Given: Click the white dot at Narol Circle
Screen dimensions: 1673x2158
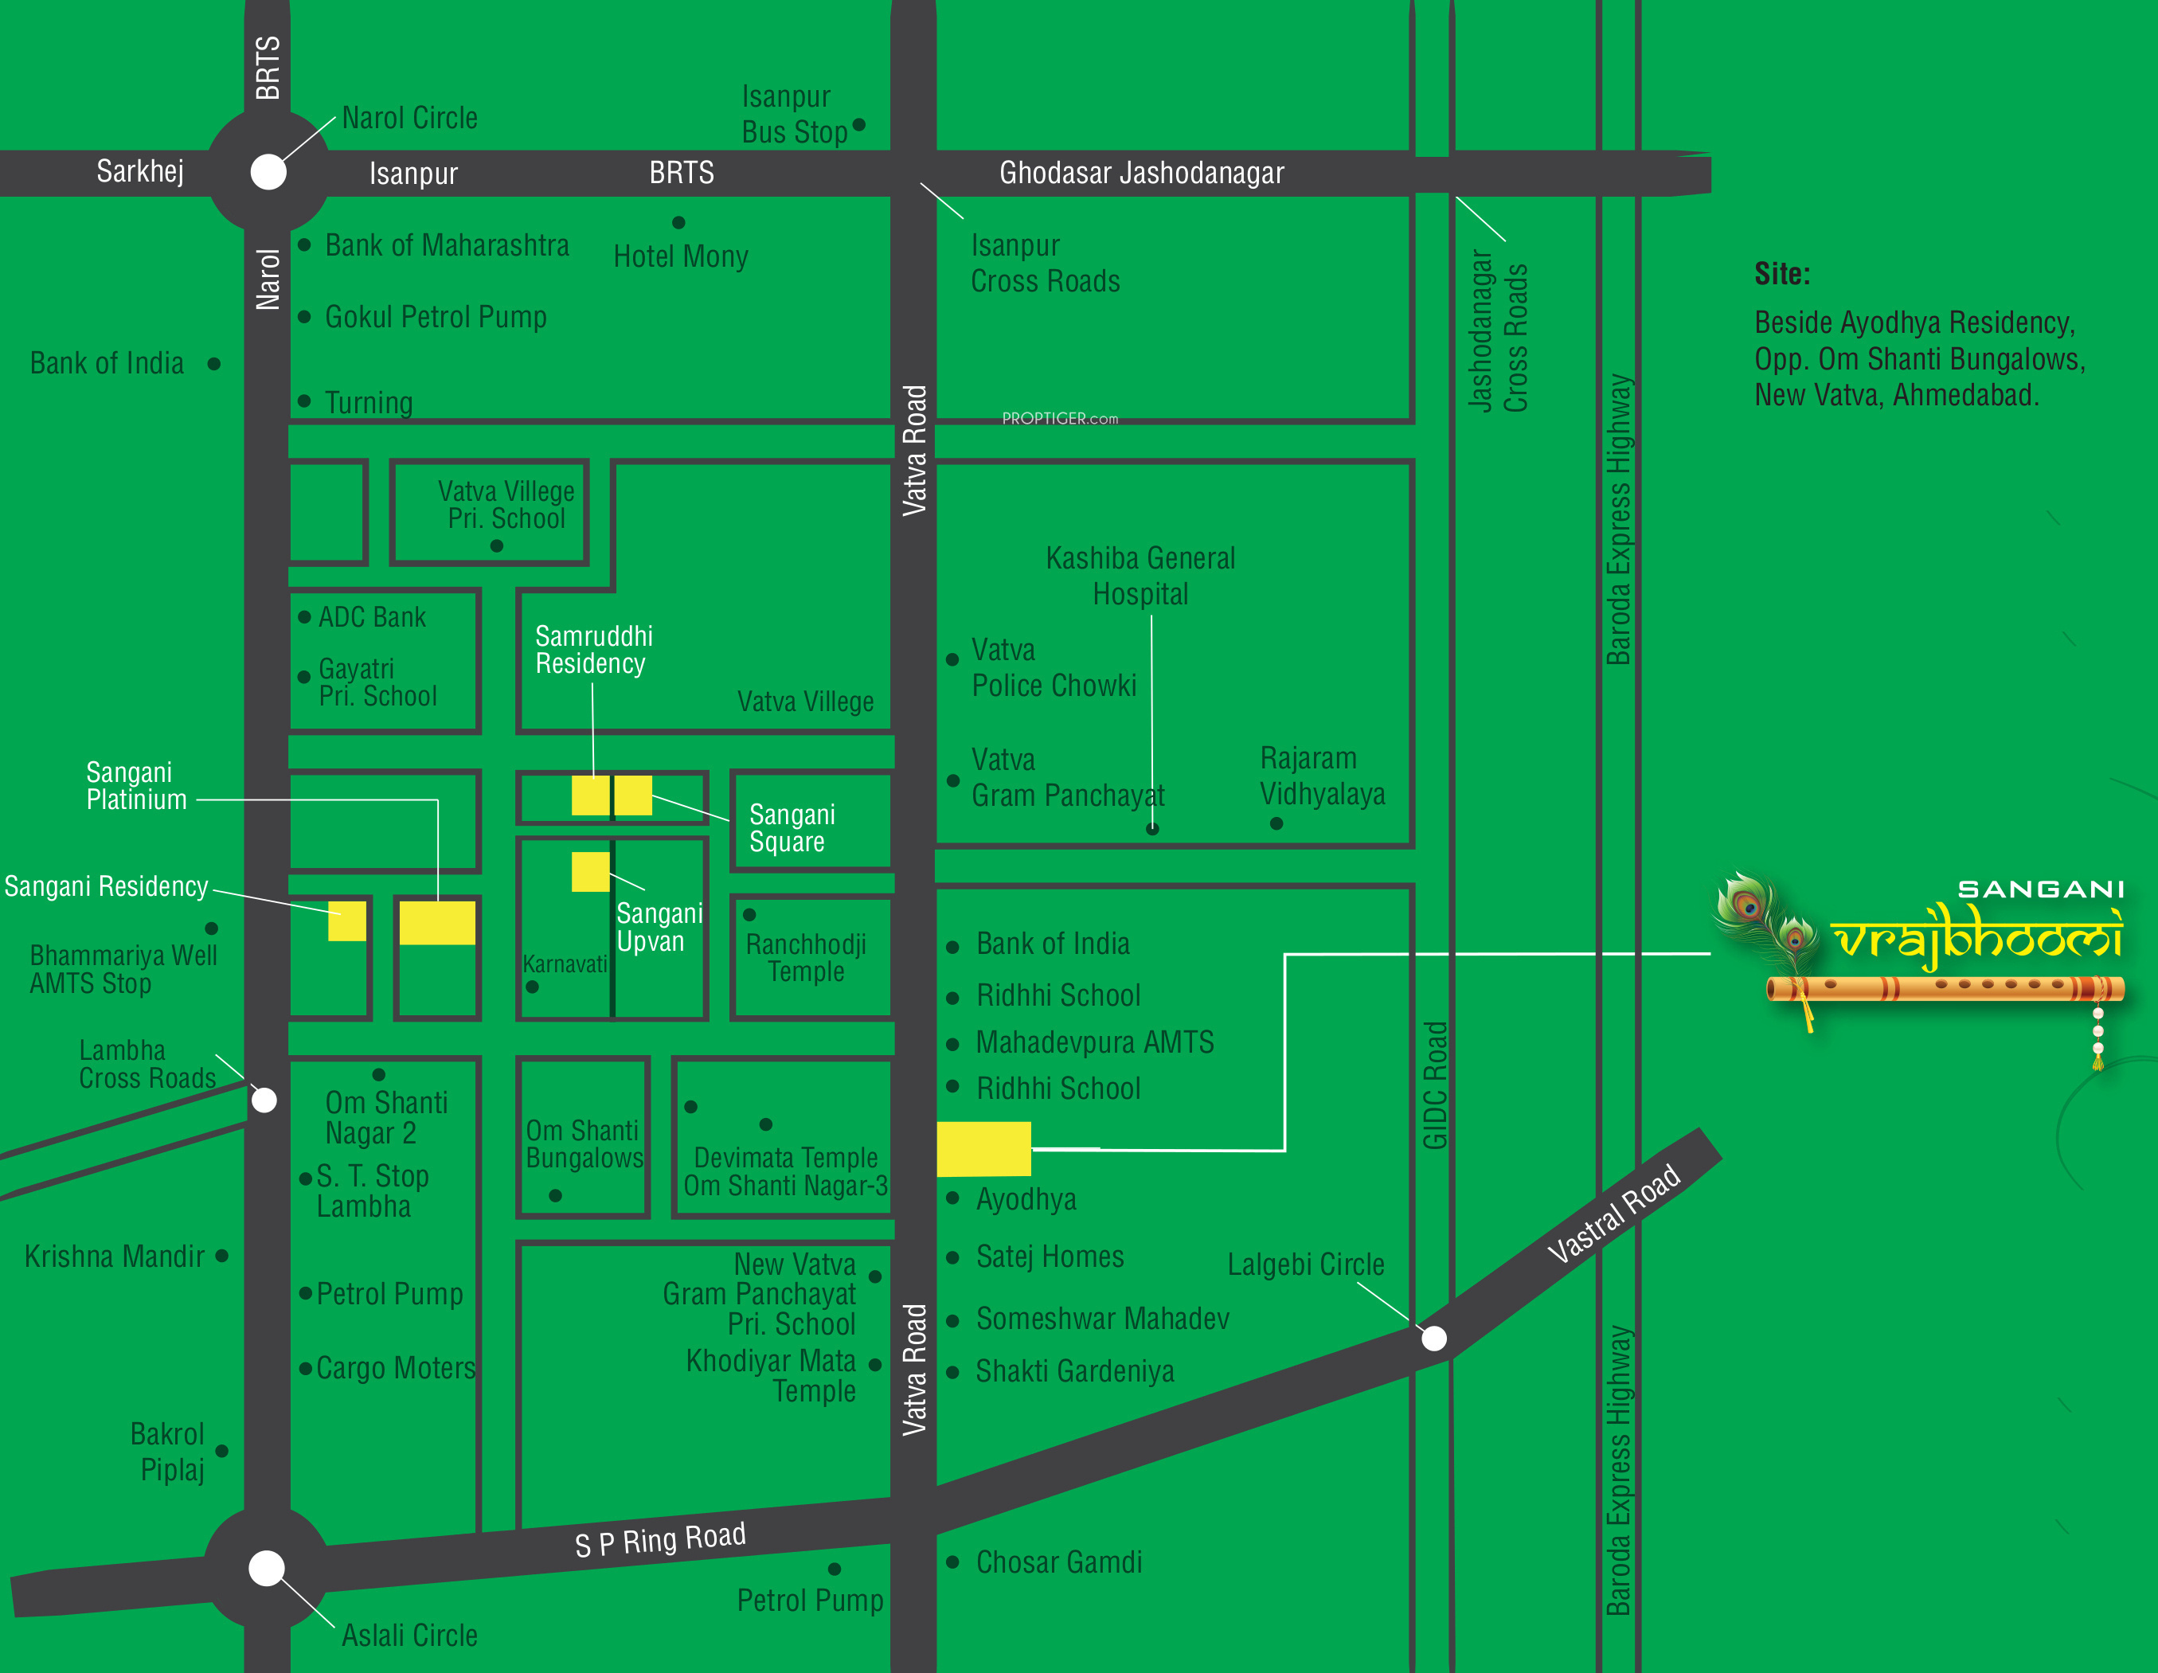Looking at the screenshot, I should click(268, 172).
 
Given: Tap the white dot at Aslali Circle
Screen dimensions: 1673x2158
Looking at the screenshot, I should click(266, 1568).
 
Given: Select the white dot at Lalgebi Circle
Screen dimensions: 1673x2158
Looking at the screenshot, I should click(1433, 1338).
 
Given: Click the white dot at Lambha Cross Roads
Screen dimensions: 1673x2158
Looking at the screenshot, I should click(264, 1100).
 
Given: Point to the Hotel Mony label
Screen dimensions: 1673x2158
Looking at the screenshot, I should click(681, 257).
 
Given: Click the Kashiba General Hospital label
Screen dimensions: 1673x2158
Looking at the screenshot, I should click(1140, 576).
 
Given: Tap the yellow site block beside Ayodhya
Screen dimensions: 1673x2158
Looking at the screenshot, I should click(983, 1149).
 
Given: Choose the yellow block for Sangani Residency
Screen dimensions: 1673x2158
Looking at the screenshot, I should click(347, 921).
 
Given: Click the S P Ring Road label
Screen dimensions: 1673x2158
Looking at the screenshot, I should click(660, 1539).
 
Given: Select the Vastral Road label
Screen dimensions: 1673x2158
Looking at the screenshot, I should click(1613, 1214).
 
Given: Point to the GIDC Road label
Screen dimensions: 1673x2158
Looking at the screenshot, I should click(1435, 1085).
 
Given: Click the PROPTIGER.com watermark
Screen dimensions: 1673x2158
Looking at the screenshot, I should click(1059, 419).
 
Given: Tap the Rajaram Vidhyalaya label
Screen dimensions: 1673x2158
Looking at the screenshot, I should click(1321, 776).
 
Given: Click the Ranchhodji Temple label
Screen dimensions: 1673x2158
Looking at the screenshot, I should click(807, 958).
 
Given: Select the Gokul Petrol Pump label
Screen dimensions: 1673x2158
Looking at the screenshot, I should click(435, 317).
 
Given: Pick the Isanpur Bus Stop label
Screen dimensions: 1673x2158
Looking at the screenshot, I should click(795, 115).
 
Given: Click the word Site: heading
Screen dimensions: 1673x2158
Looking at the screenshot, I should click(1781, 274).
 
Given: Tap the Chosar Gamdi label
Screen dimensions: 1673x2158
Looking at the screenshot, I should click(1058, 1562).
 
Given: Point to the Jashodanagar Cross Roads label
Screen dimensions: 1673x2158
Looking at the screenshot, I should click(1497, 332).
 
